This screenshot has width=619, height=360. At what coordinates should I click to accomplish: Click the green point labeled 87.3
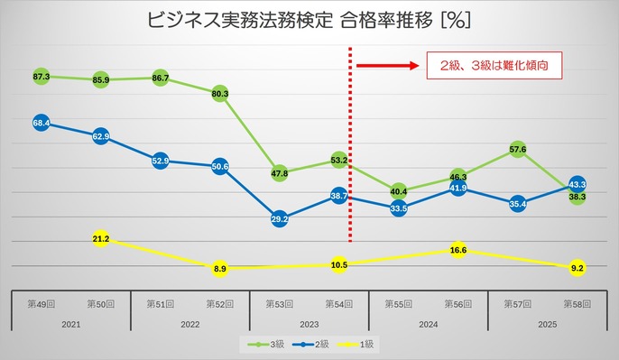click(x=42, y=77)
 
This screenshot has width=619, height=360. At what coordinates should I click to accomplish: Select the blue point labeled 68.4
click(x=42, y=122)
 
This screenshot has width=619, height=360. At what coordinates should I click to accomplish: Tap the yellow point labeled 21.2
click(x=101, y=239)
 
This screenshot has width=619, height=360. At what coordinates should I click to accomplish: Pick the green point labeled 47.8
click(x=280, y=172)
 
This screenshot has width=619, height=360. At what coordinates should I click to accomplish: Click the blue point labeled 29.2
click(x=280, y=218)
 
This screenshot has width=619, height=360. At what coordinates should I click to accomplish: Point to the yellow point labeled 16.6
click(x=457, y=250)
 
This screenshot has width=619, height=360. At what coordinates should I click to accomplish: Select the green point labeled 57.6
click(x=517, y=149)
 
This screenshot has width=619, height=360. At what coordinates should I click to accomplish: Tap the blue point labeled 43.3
click(x=577, y=184)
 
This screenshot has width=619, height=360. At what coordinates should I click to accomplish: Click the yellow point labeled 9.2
click(x=577, y=268)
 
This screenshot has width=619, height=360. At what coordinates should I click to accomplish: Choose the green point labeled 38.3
click(x=577, y=197)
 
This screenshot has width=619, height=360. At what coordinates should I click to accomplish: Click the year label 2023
click(x=309, y=325)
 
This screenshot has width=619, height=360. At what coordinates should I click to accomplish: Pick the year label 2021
click(x=71, y=325)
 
